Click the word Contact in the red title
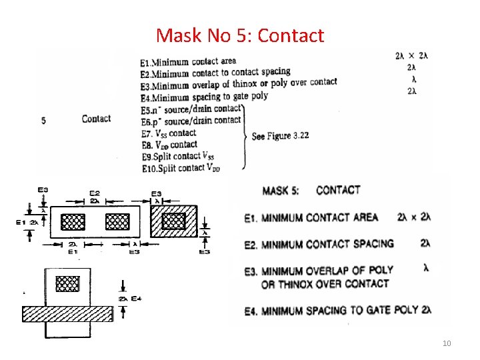291,35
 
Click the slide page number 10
447,343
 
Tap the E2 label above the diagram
95,192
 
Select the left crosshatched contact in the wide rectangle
73,221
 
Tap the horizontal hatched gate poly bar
67,313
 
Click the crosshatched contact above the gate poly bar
67,283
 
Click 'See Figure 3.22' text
280,136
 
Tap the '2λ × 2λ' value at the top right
411,56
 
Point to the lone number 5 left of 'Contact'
43,121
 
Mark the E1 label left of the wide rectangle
21,222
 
